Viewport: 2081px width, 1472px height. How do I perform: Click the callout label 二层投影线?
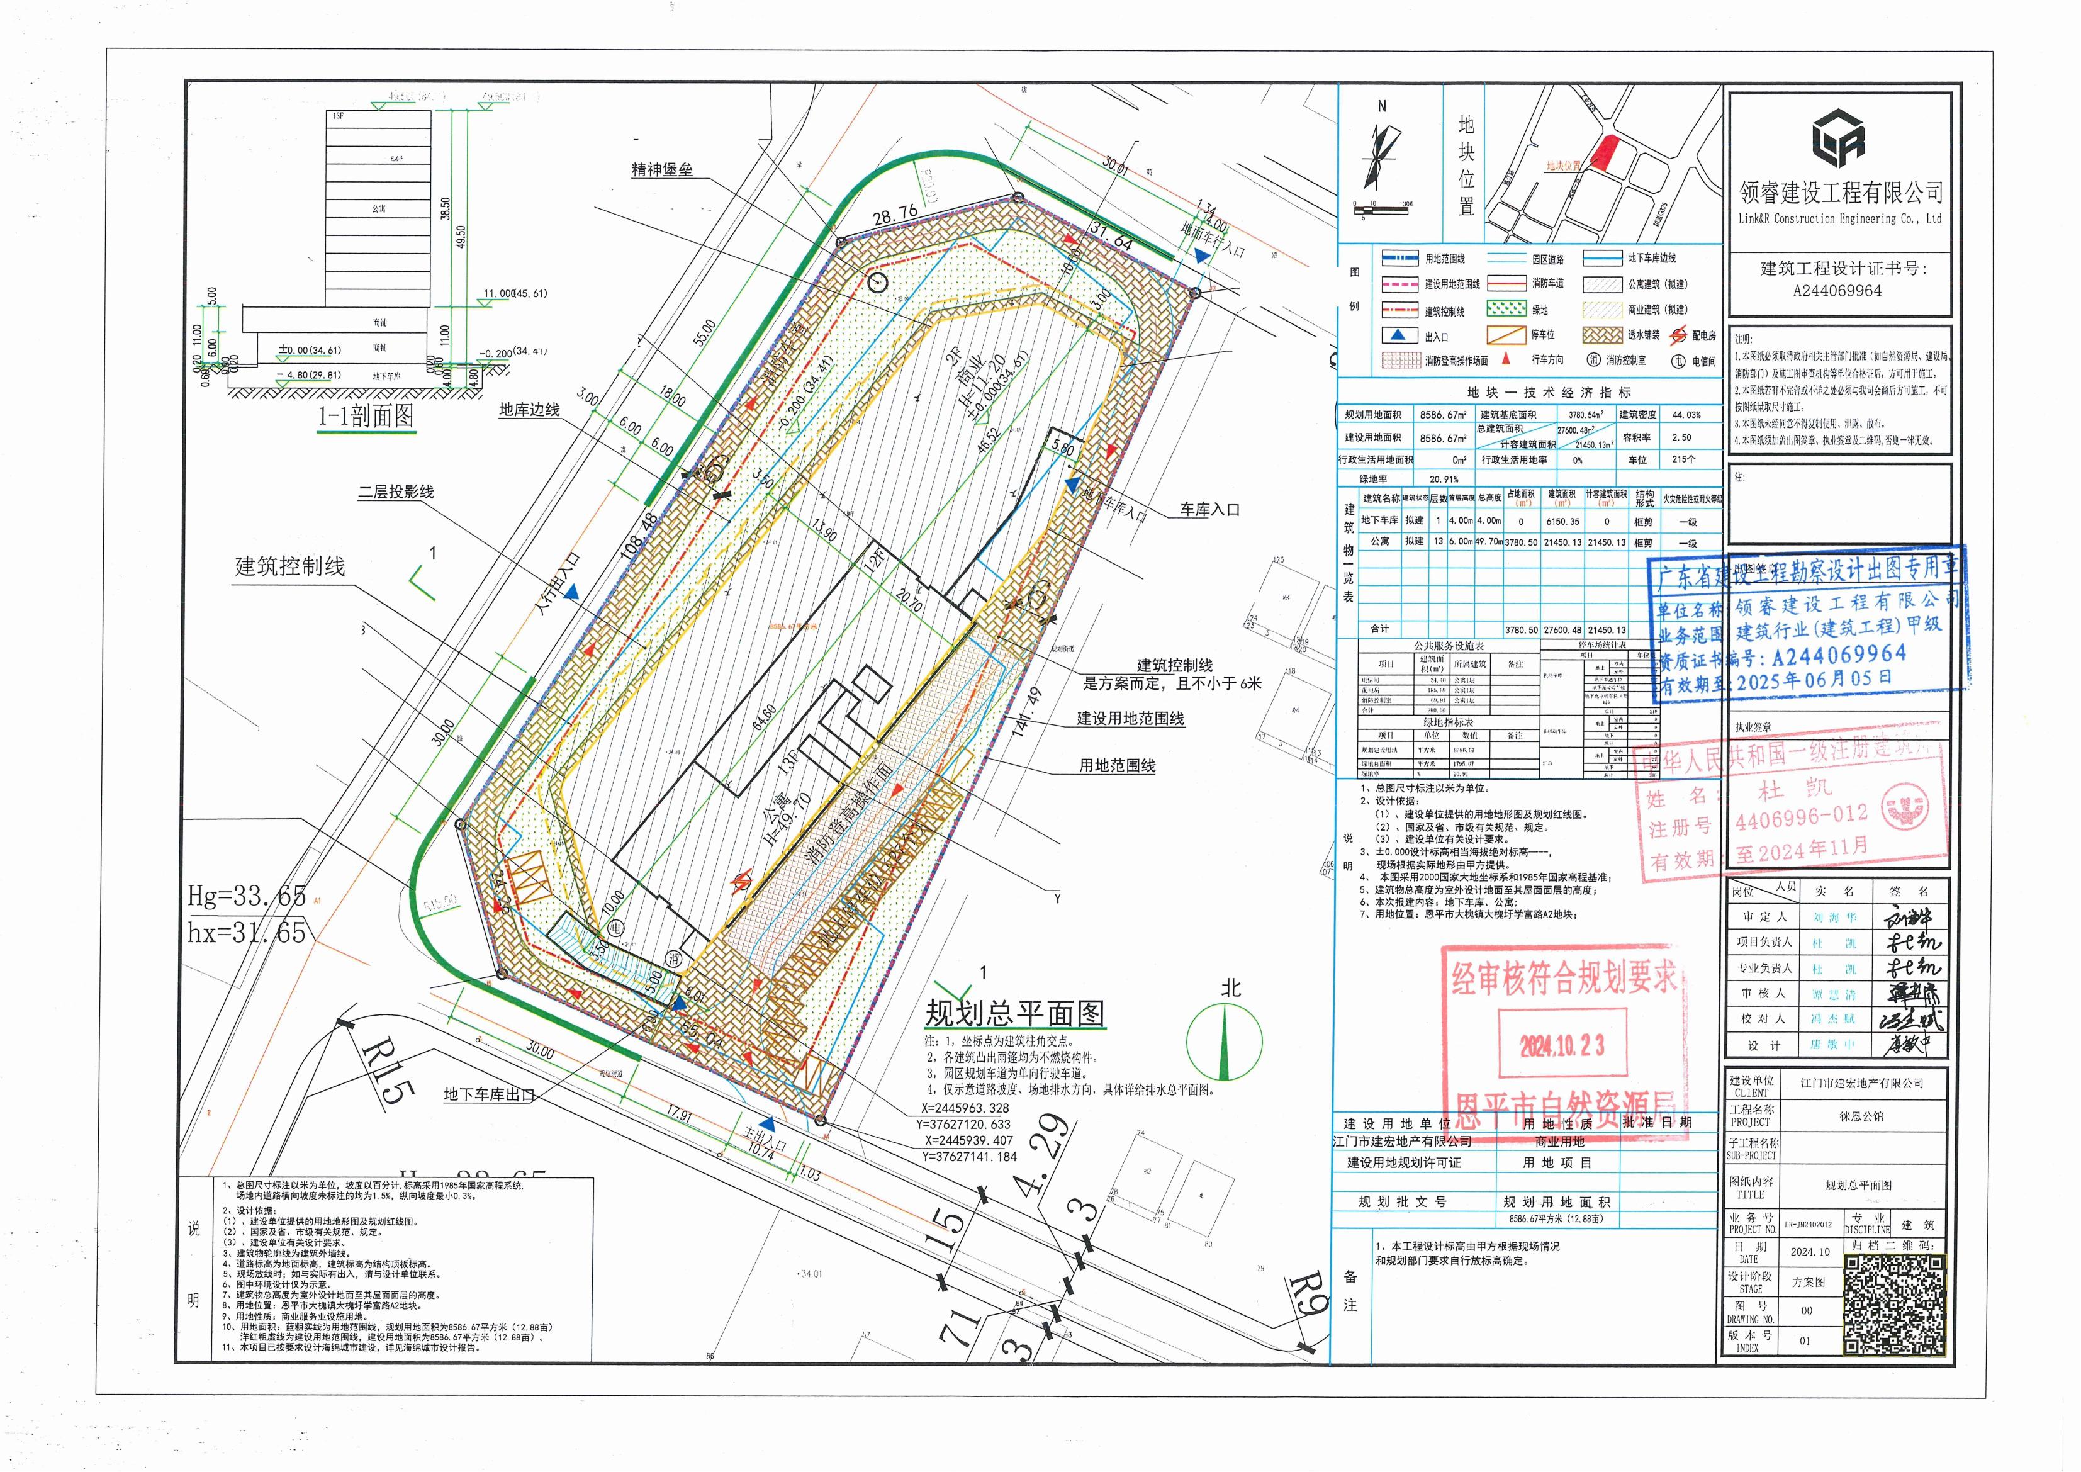pos(396,492)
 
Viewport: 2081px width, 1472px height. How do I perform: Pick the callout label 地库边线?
pos(529,410)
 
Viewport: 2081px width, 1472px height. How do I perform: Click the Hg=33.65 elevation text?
pos(247,896)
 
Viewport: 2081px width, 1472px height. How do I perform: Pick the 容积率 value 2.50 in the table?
pos(1681,437)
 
